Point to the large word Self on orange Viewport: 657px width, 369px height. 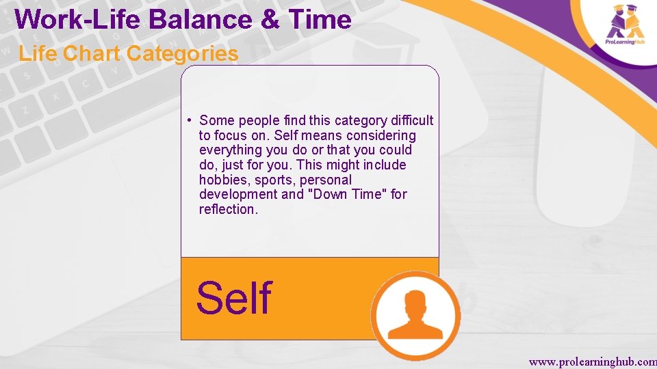point(234,299)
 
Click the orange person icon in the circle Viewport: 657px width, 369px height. point(415,315)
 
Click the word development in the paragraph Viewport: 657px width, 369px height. point(238,195)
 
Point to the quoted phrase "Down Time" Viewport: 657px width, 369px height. point(348,195)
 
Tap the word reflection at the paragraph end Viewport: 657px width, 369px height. point(228,210)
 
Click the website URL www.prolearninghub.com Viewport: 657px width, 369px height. point(593,360)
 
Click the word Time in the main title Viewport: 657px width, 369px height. point(320,19)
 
